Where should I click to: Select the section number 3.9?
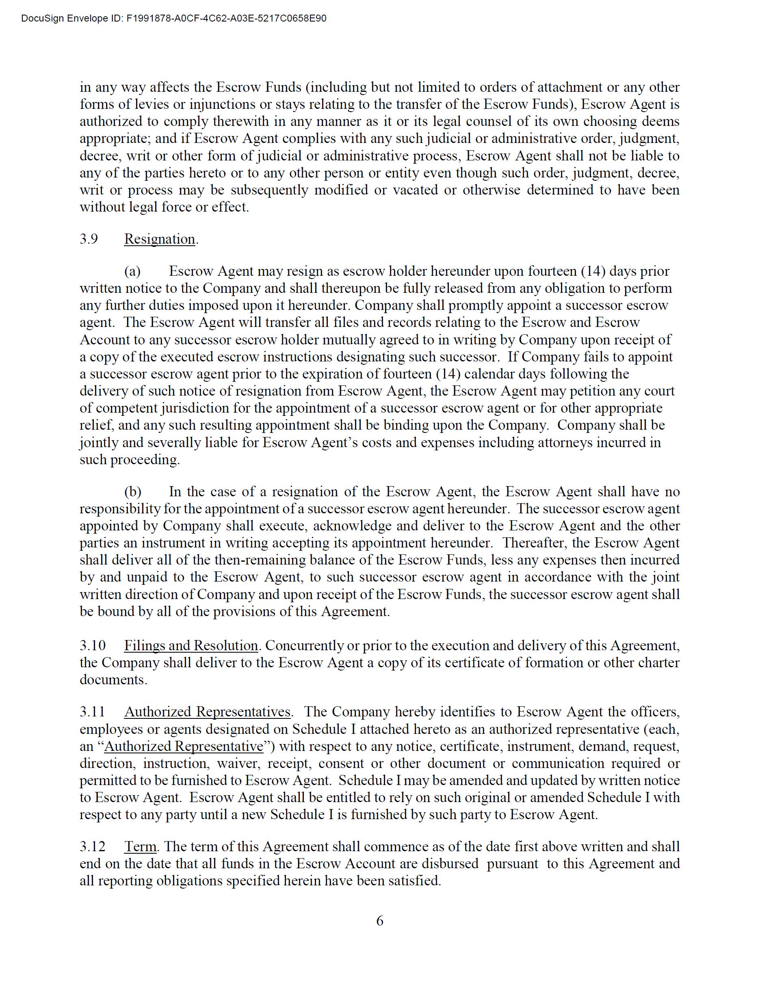89,239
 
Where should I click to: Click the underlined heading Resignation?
160,239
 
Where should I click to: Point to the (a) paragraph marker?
132,271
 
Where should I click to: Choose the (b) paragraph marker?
133,491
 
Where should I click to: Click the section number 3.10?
93,645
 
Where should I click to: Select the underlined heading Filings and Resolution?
191,645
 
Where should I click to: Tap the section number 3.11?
92,712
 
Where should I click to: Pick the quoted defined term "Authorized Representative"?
184,746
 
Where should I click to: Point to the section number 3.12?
92,846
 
